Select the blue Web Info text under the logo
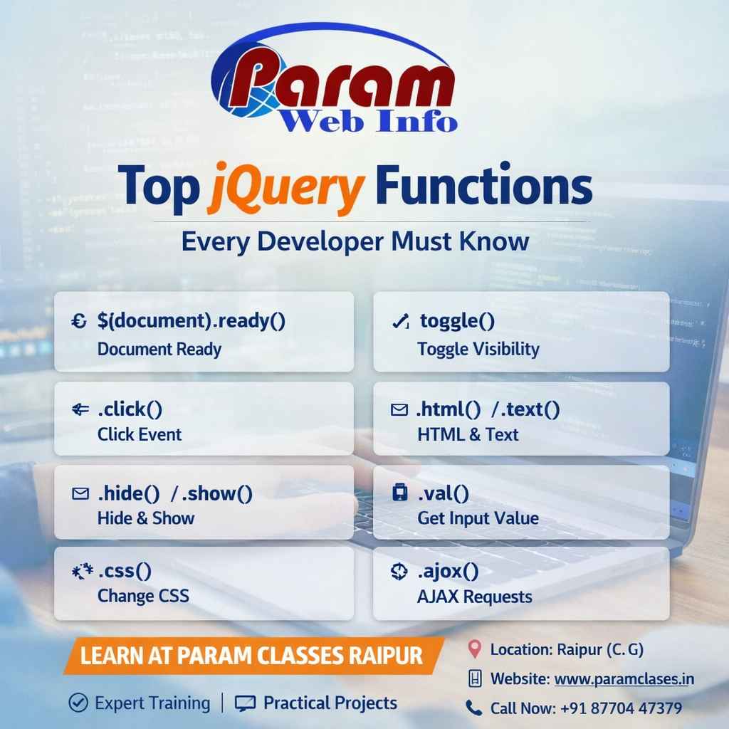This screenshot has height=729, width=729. [x=369, y=121]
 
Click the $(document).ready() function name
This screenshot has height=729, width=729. [x=191, y=321]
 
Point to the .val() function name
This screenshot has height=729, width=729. [x=443, y=493]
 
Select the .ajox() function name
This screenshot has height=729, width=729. [x=448, y=571]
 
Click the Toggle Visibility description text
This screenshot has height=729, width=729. [x=478, y=349]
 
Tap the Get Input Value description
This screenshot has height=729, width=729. [x=478, y=518]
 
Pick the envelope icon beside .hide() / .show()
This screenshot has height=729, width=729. [x=80, y=493]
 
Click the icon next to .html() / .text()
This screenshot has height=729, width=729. [x=399, y=410]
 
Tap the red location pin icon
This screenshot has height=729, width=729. [x=474, y=649]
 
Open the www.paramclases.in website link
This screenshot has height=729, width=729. [x=624, y=679]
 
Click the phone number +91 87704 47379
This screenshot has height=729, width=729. [x=622, y=708]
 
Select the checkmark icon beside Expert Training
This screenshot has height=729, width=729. [x=78, y=703]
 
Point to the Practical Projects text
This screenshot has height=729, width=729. [x=330, y=703]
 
